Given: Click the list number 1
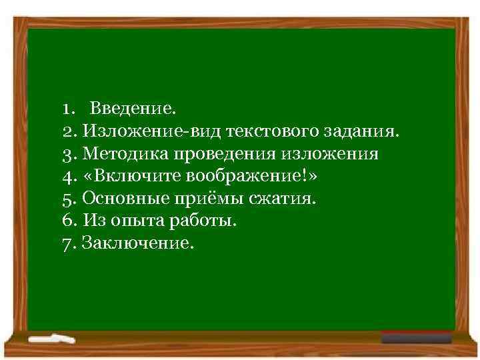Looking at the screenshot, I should pos(66,107).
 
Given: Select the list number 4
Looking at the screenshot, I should pos(67,176).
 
